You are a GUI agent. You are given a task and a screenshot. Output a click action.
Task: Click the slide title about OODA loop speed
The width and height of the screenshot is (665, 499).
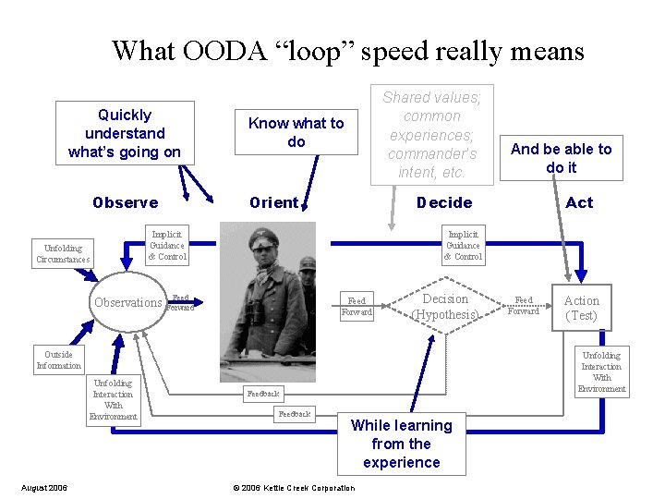point(347,50)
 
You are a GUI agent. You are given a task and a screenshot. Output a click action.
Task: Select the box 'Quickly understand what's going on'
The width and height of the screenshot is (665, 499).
point(125,133)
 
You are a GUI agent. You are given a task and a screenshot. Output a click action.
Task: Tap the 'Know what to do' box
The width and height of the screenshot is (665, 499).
point(296,132)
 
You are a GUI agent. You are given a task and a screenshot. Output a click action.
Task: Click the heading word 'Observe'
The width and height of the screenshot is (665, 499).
point(125,202)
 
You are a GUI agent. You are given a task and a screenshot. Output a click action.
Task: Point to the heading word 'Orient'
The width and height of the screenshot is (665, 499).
point(273,202)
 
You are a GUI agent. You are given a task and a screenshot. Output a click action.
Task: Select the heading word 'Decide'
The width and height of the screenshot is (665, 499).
point(443,202)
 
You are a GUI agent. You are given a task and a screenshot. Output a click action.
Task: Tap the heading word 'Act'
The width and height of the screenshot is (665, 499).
point(579,202)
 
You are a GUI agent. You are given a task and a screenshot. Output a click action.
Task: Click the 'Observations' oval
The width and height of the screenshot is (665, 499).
point(128,302)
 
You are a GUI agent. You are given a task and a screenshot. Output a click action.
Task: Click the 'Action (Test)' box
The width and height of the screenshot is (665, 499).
point(581,308)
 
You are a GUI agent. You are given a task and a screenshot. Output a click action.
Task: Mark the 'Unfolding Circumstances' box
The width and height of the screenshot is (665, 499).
point(63,253)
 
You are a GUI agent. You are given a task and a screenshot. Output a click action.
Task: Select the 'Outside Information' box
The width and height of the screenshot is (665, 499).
point(58,359)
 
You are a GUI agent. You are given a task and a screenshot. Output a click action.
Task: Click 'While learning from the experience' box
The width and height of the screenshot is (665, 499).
point(402,444)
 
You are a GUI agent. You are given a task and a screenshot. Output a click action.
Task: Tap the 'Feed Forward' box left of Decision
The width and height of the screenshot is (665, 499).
point(356,306)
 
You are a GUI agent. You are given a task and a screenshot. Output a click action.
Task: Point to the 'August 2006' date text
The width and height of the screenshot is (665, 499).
point(43,488)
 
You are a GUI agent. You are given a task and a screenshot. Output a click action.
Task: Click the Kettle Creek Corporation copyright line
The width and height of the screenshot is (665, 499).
point(293,488)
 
